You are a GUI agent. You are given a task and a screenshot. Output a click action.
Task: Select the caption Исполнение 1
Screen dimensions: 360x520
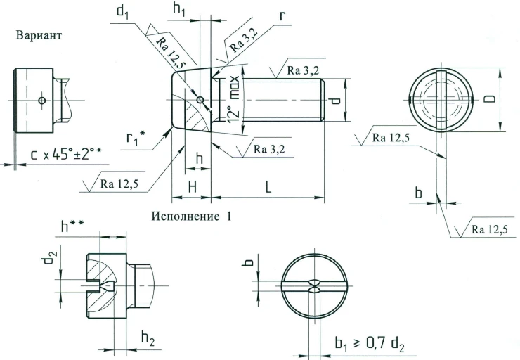tap(191, 216)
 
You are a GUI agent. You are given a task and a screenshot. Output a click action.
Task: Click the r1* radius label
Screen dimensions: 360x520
tap(134, 137)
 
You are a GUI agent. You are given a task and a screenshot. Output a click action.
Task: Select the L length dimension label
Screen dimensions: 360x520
tap(269, 186)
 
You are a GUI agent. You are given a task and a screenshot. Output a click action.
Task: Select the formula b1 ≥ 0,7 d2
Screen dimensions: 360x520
tap(372, 343)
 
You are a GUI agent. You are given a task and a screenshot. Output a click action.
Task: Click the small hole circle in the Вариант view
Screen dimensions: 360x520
tap(42, 101)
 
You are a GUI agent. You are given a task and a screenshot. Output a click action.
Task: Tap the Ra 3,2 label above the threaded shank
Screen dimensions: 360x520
tap(304, 70)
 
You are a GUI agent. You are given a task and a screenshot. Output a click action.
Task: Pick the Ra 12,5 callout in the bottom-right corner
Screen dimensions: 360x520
tap(488, 229)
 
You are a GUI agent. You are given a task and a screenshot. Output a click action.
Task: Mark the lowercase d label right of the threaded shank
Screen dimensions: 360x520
tap(336, 100)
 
